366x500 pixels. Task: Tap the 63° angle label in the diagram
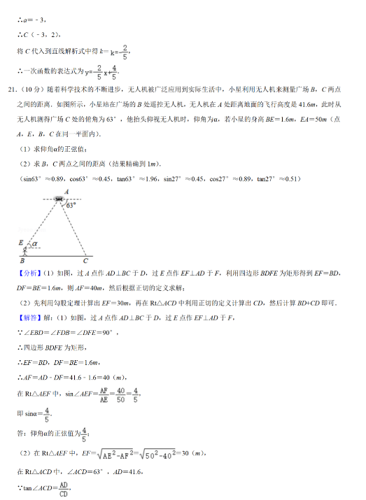coord(70,206)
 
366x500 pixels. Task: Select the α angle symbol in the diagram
coord(34,244)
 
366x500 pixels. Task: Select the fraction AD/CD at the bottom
coord(63,487)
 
